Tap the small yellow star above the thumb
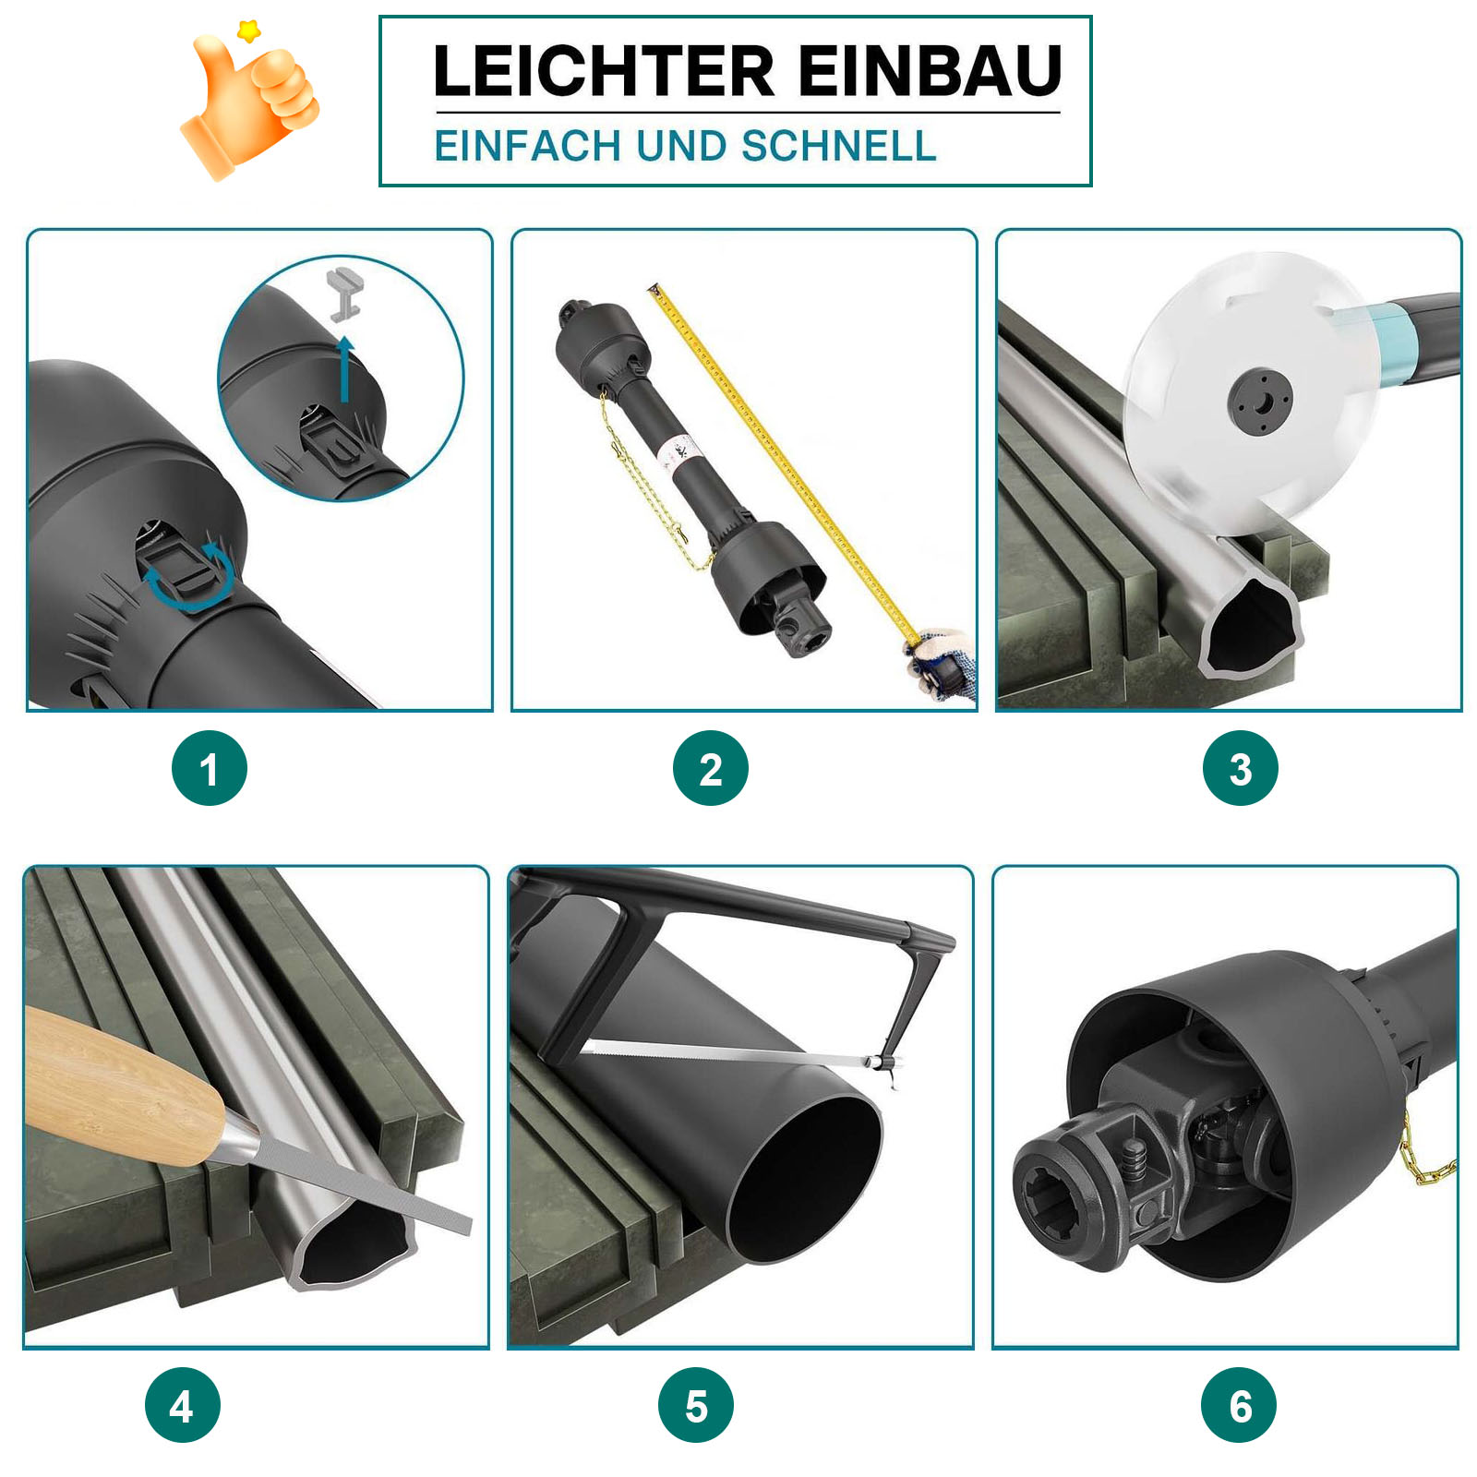pos(248,31)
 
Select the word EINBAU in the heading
pos(931,71)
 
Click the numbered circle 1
pos(210,768)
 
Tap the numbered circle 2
pos(710,768)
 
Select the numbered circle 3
pos(1240,768)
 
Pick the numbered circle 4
pos(182,1405)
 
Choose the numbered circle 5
pos(696,1405)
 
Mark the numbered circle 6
pos(1239,1405)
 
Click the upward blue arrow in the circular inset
pos(345,369)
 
